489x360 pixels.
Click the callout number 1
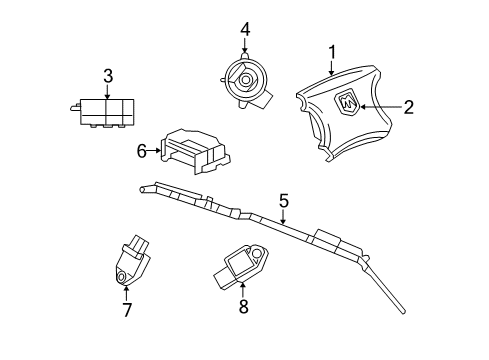tap(332, 53)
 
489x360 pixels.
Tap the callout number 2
tap(407, 106)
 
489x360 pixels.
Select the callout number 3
tap(109, 75)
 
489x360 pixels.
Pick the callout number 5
tap(284, 202)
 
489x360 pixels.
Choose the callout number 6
tap(142, 151)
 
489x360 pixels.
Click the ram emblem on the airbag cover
tap(350, 103)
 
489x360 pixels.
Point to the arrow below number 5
tap(284, 222)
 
